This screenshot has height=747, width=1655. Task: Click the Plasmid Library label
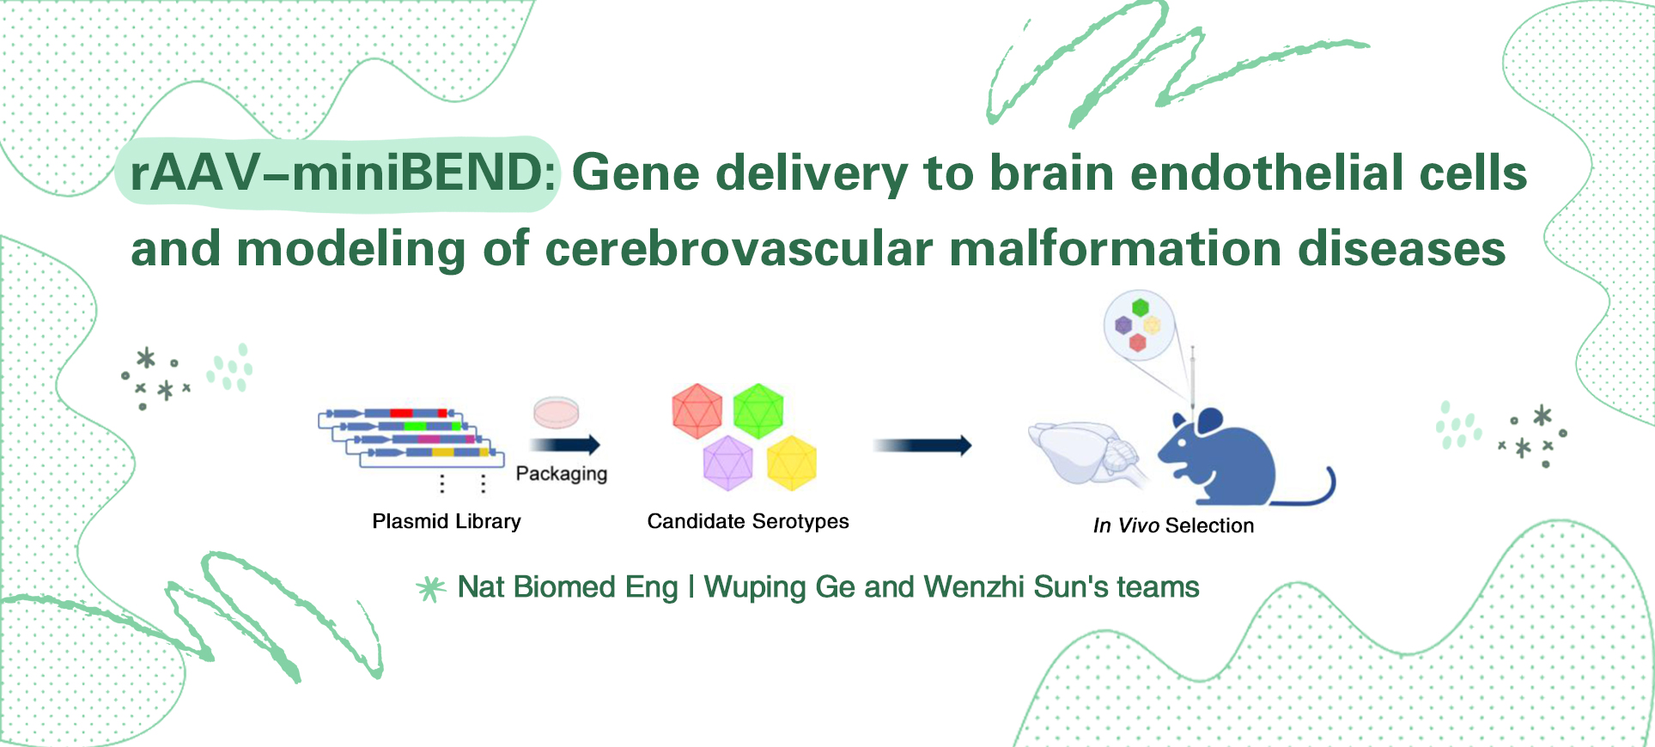(x=447, y=521)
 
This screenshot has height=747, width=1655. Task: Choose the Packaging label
(x=561, y=474)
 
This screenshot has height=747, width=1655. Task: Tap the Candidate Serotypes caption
(x=747, y=521)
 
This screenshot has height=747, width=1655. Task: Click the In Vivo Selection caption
(x=1173, y=525)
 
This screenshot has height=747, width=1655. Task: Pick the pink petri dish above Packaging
(x=557, y=412)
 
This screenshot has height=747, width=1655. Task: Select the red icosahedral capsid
(x=697, y=410)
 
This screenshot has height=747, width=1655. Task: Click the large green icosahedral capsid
(x=758, y=410)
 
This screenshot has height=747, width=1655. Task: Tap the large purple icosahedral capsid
(x=727, y=462)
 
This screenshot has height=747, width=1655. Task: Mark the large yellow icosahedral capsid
(x=791, y=462)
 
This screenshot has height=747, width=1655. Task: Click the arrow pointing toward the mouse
(x=922, y=445)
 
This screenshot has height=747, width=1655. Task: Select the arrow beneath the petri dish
(x=564, y=445)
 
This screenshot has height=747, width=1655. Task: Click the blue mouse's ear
(x=1209, y=420)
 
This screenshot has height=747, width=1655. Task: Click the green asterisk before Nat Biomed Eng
(x=431, y=588)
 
